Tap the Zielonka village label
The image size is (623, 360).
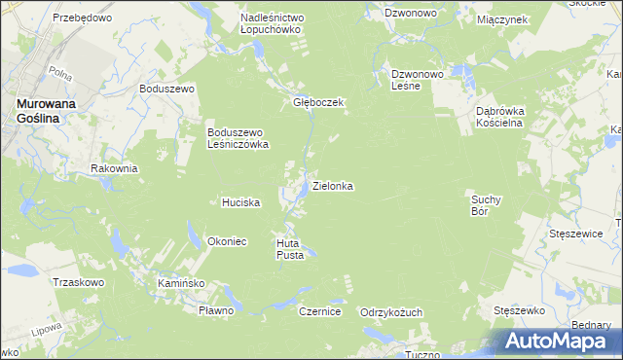332,185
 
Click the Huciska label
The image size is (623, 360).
240,202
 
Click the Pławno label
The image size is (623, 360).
216,310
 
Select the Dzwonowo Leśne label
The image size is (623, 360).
418,80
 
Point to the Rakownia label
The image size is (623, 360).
114,168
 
